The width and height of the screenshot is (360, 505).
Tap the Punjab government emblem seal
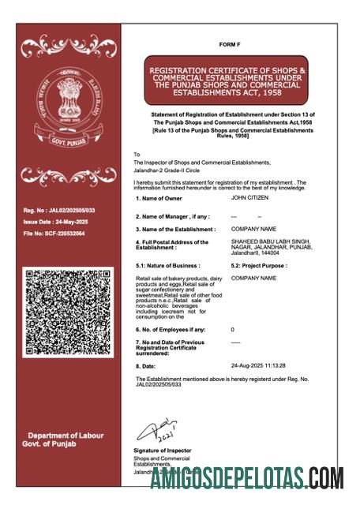[x=67, y=103]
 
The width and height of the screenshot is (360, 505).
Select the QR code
[x=68, y=311]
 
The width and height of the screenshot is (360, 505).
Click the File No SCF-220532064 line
[x=54, y=234]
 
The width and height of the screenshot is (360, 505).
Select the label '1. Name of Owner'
[x=162, y=209]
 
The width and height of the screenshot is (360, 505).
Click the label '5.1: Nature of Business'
[x=168, y=266]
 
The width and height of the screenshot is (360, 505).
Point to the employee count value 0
[x=232, y=329]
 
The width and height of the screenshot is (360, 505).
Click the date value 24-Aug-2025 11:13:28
[x=258, y=366]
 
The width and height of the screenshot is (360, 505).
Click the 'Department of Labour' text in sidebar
[x=66, y=436]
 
